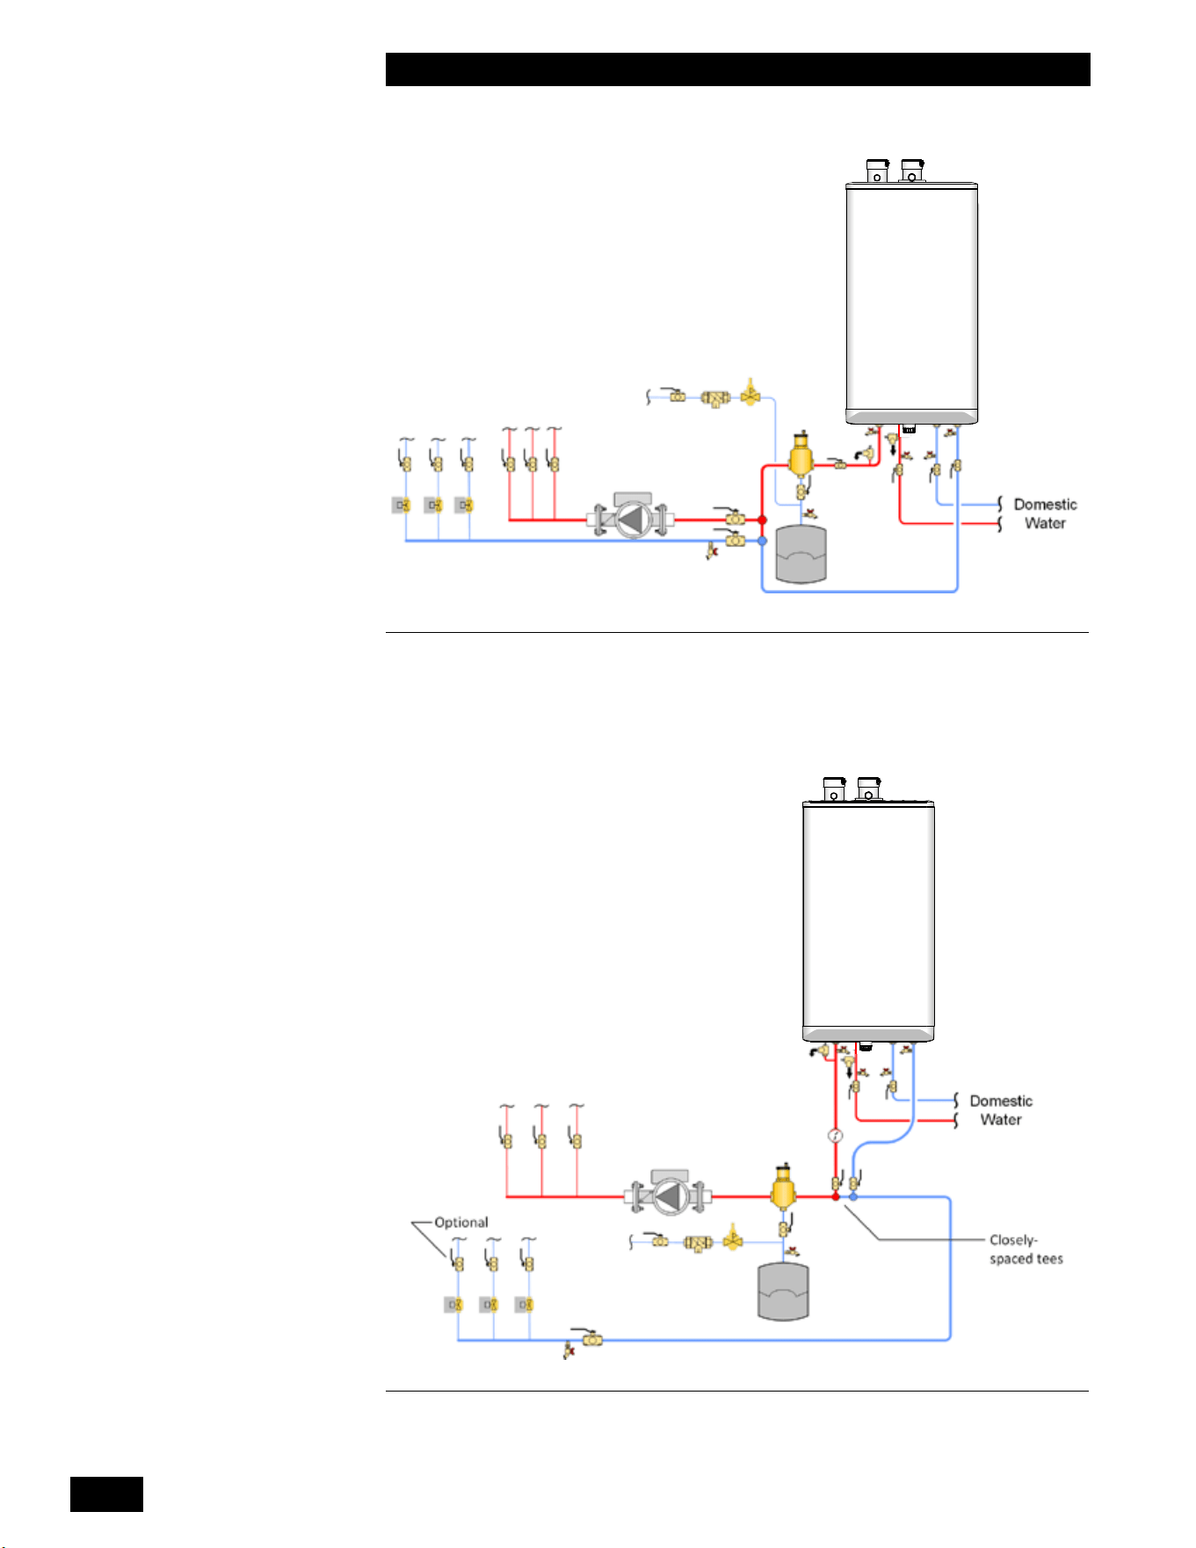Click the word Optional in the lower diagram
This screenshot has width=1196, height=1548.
461,1223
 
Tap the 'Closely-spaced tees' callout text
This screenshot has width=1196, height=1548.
1026,1249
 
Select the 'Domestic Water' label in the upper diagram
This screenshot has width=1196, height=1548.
1045,513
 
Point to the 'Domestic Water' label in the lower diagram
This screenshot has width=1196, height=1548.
1001,1110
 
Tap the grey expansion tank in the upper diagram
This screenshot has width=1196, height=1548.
801,555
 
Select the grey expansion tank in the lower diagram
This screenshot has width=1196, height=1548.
783,1291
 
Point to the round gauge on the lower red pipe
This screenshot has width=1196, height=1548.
836,1136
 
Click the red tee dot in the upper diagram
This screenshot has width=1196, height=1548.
762,520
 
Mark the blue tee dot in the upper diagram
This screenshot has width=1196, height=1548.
762,541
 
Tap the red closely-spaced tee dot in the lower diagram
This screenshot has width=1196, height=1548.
836,1196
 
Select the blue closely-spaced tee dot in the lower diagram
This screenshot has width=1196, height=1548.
853,1196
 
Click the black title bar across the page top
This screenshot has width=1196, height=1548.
738,69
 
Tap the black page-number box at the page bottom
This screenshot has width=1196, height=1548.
106,1493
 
